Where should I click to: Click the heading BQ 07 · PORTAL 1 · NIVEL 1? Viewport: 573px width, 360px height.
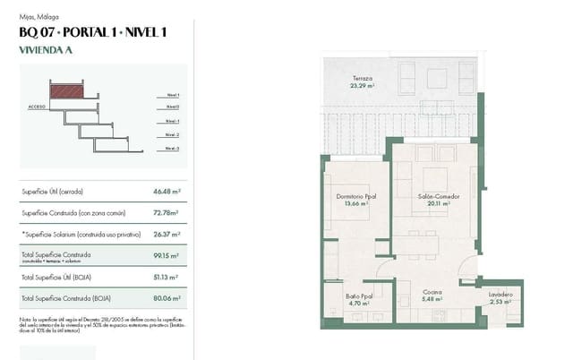(92, 33)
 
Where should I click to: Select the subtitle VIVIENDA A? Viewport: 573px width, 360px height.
(45, 51)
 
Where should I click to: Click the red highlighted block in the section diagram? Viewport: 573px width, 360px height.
(66, 90)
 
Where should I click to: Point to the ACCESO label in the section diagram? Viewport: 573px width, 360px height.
(38, 107)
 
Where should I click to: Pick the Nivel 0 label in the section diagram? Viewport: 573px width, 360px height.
(172, 107)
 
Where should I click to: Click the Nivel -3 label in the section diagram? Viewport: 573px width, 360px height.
(172, 148)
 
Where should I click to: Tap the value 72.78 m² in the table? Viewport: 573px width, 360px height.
(166, 213)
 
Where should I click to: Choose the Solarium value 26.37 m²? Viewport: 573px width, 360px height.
(167, 235)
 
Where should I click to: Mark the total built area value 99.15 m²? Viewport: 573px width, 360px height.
(167, 256)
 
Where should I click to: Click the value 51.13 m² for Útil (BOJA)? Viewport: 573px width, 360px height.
(167, 278)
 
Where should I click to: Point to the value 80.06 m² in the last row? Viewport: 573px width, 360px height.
(167, 298)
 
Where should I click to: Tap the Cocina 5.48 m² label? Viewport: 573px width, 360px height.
(432, 296)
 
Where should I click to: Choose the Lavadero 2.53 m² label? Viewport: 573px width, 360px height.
(501, 298)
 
